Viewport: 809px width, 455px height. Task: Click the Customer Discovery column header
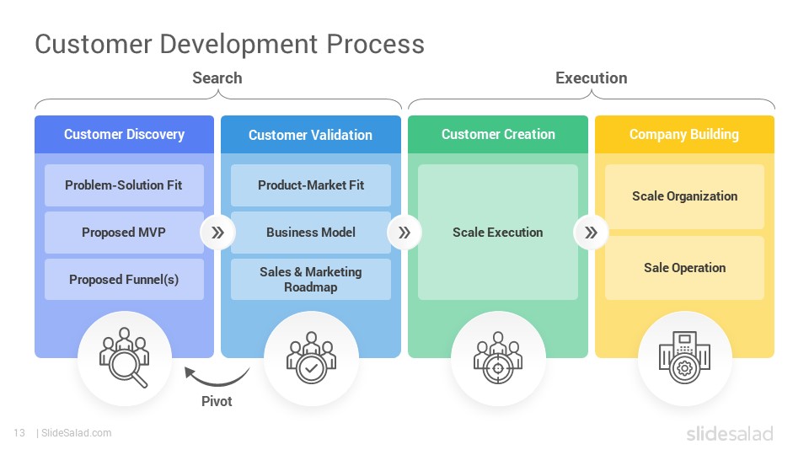click(125, 134)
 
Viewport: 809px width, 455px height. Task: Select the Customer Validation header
click(311, 134)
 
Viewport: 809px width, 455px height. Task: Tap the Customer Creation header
click(498, 134)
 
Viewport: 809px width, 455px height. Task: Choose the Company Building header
click(684, 134)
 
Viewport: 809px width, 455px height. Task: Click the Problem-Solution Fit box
click(125, 185)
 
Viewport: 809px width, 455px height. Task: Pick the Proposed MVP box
click(125, 233)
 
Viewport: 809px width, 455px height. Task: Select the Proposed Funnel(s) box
click(125, 279)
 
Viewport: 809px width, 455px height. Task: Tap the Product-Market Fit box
click(311, 185)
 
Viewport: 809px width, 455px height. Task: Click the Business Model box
click(311, 233)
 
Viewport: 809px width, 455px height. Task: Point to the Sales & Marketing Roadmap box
click(311, 279)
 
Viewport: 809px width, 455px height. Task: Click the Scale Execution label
click(498, 233)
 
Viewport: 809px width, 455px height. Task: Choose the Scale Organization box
click(684, 196)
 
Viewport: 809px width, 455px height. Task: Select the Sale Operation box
click(684, 268)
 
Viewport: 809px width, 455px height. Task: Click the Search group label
click(217, 78)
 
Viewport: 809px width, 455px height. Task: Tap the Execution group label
click(592, 78)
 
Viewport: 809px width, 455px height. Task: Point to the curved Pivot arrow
click(216, 384)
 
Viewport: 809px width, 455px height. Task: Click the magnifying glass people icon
click(125, 357)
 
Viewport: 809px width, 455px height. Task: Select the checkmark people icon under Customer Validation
click(311, 357)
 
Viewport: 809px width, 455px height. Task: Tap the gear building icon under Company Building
click(684, 357)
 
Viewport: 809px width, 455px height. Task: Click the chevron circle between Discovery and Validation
click(217, 233)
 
